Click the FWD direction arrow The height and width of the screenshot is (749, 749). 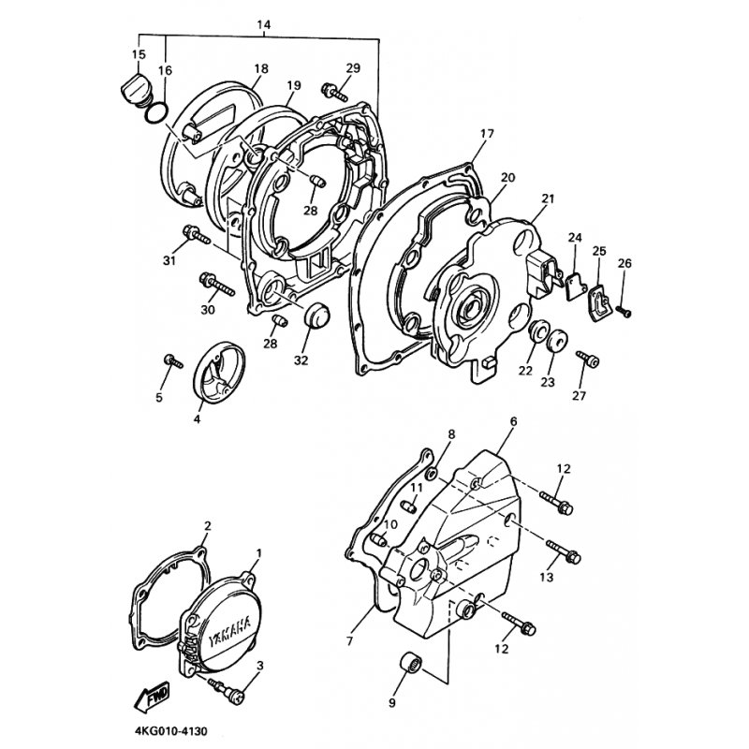pyautogui.click(x=152, y=697)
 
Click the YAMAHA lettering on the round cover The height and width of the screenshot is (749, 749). pyautogui.click(x=230, y=631)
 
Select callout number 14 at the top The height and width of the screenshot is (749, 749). pyautogui.click(x=264, y=24)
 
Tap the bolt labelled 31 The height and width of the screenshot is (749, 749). pyautogui.click(x=196, y=235)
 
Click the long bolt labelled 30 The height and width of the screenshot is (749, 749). pyautogui.click(x=217, y=284)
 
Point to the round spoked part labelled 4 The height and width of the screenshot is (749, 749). pyautogui.click(x=219, y=373)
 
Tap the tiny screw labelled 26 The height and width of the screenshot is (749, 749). pyautogui.click(x=624, y=311)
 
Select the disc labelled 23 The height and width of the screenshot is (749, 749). pyautogui.click(x=557, y=340)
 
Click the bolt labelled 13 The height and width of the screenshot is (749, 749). pyautogui.click(x=564, y=551)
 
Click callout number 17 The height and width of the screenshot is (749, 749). pyautogui.click(x=486, y=134)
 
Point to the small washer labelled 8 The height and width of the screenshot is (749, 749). pyautogui.click(x=431, y=474)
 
